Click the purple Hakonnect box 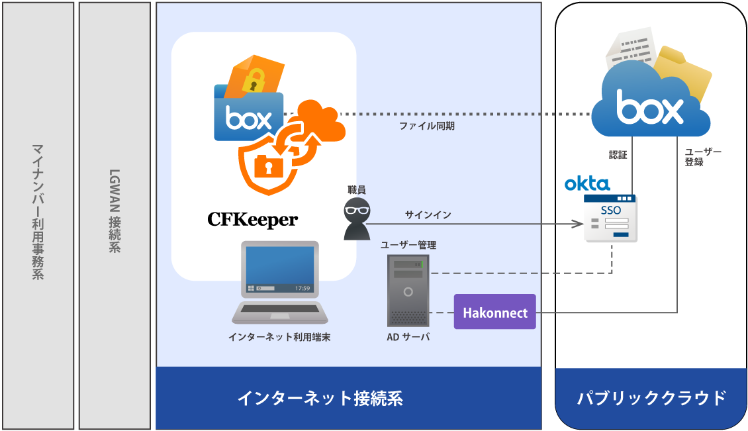[494, 312]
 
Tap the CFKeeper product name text [252, 219]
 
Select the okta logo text [587, 183]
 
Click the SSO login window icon [610, 218]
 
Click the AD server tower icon [408, 290]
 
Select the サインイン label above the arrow [428, 215]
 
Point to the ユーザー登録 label [703, 157]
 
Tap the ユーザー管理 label [408, 245]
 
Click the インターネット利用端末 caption [279, 337]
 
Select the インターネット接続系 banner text [320, 398]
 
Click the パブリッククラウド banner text [651, 398]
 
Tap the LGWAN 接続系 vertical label [115, 211]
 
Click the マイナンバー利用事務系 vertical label [38, 211]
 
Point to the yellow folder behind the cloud [685, 70]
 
